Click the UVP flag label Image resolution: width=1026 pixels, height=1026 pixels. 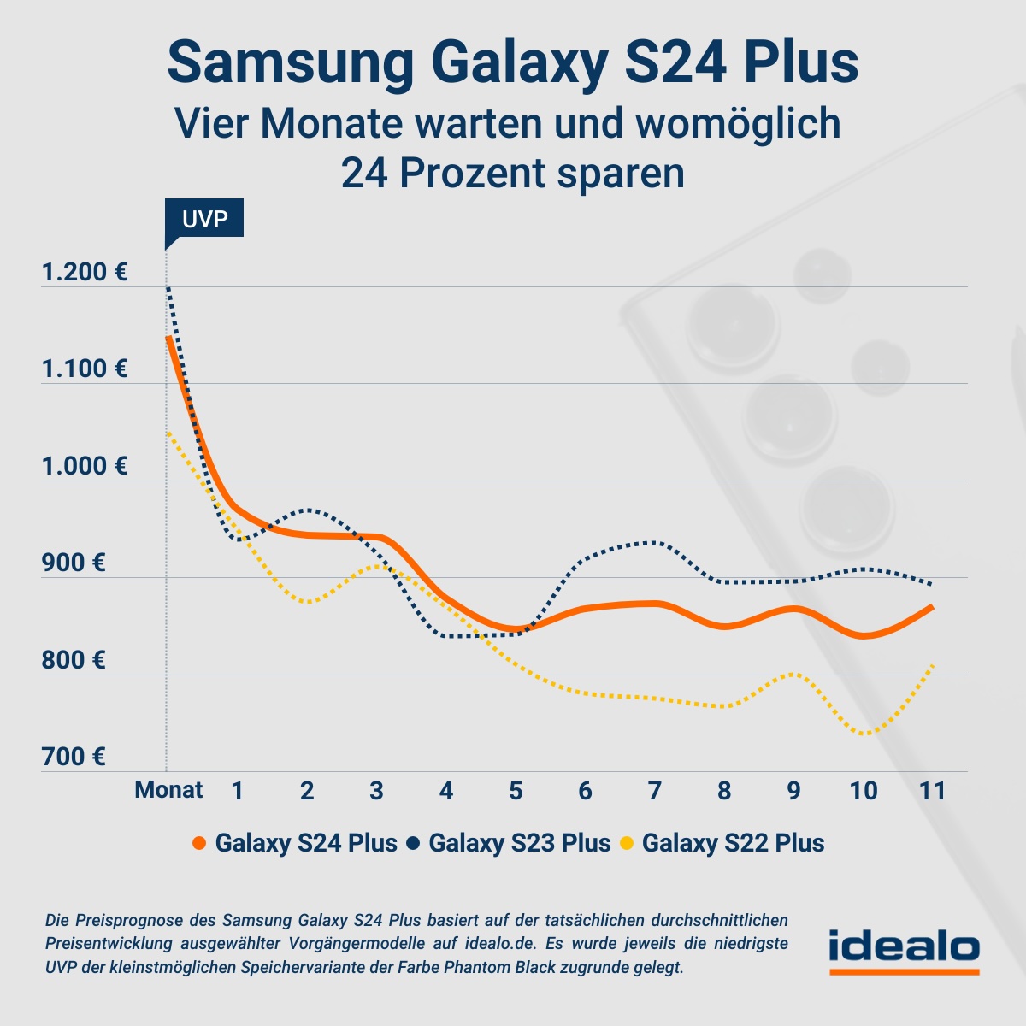click(204, 219)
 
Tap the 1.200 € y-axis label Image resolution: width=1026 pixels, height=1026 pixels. click(85, 273)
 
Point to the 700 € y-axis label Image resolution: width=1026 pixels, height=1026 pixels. click(74, 757)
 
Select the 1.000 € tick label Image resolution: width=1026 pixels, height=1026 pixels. click(85, 466)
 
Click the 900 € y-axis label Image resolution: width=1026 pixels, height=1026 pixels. click(74, 563)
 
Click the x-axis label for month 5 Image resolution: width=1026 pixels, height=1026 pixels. click(516, 790)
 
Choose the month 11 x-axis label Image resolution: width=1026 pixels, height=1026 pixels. click(933, 790)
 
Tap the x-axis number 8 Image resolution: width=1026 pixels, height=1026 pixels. click(724, 790)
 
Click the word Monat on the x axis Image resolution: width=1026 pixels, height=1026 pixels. click(168, 790)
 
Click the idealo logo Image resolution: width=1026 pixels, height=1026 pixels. click(904, 950)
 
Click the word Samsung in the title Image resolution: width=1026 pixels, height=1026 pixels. click(291, 62)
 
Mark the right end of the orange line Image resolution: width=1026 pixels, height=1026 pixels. click(931, 607)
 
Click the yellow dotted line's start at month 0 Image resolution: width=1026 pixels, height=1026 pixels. click(168, 433)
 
